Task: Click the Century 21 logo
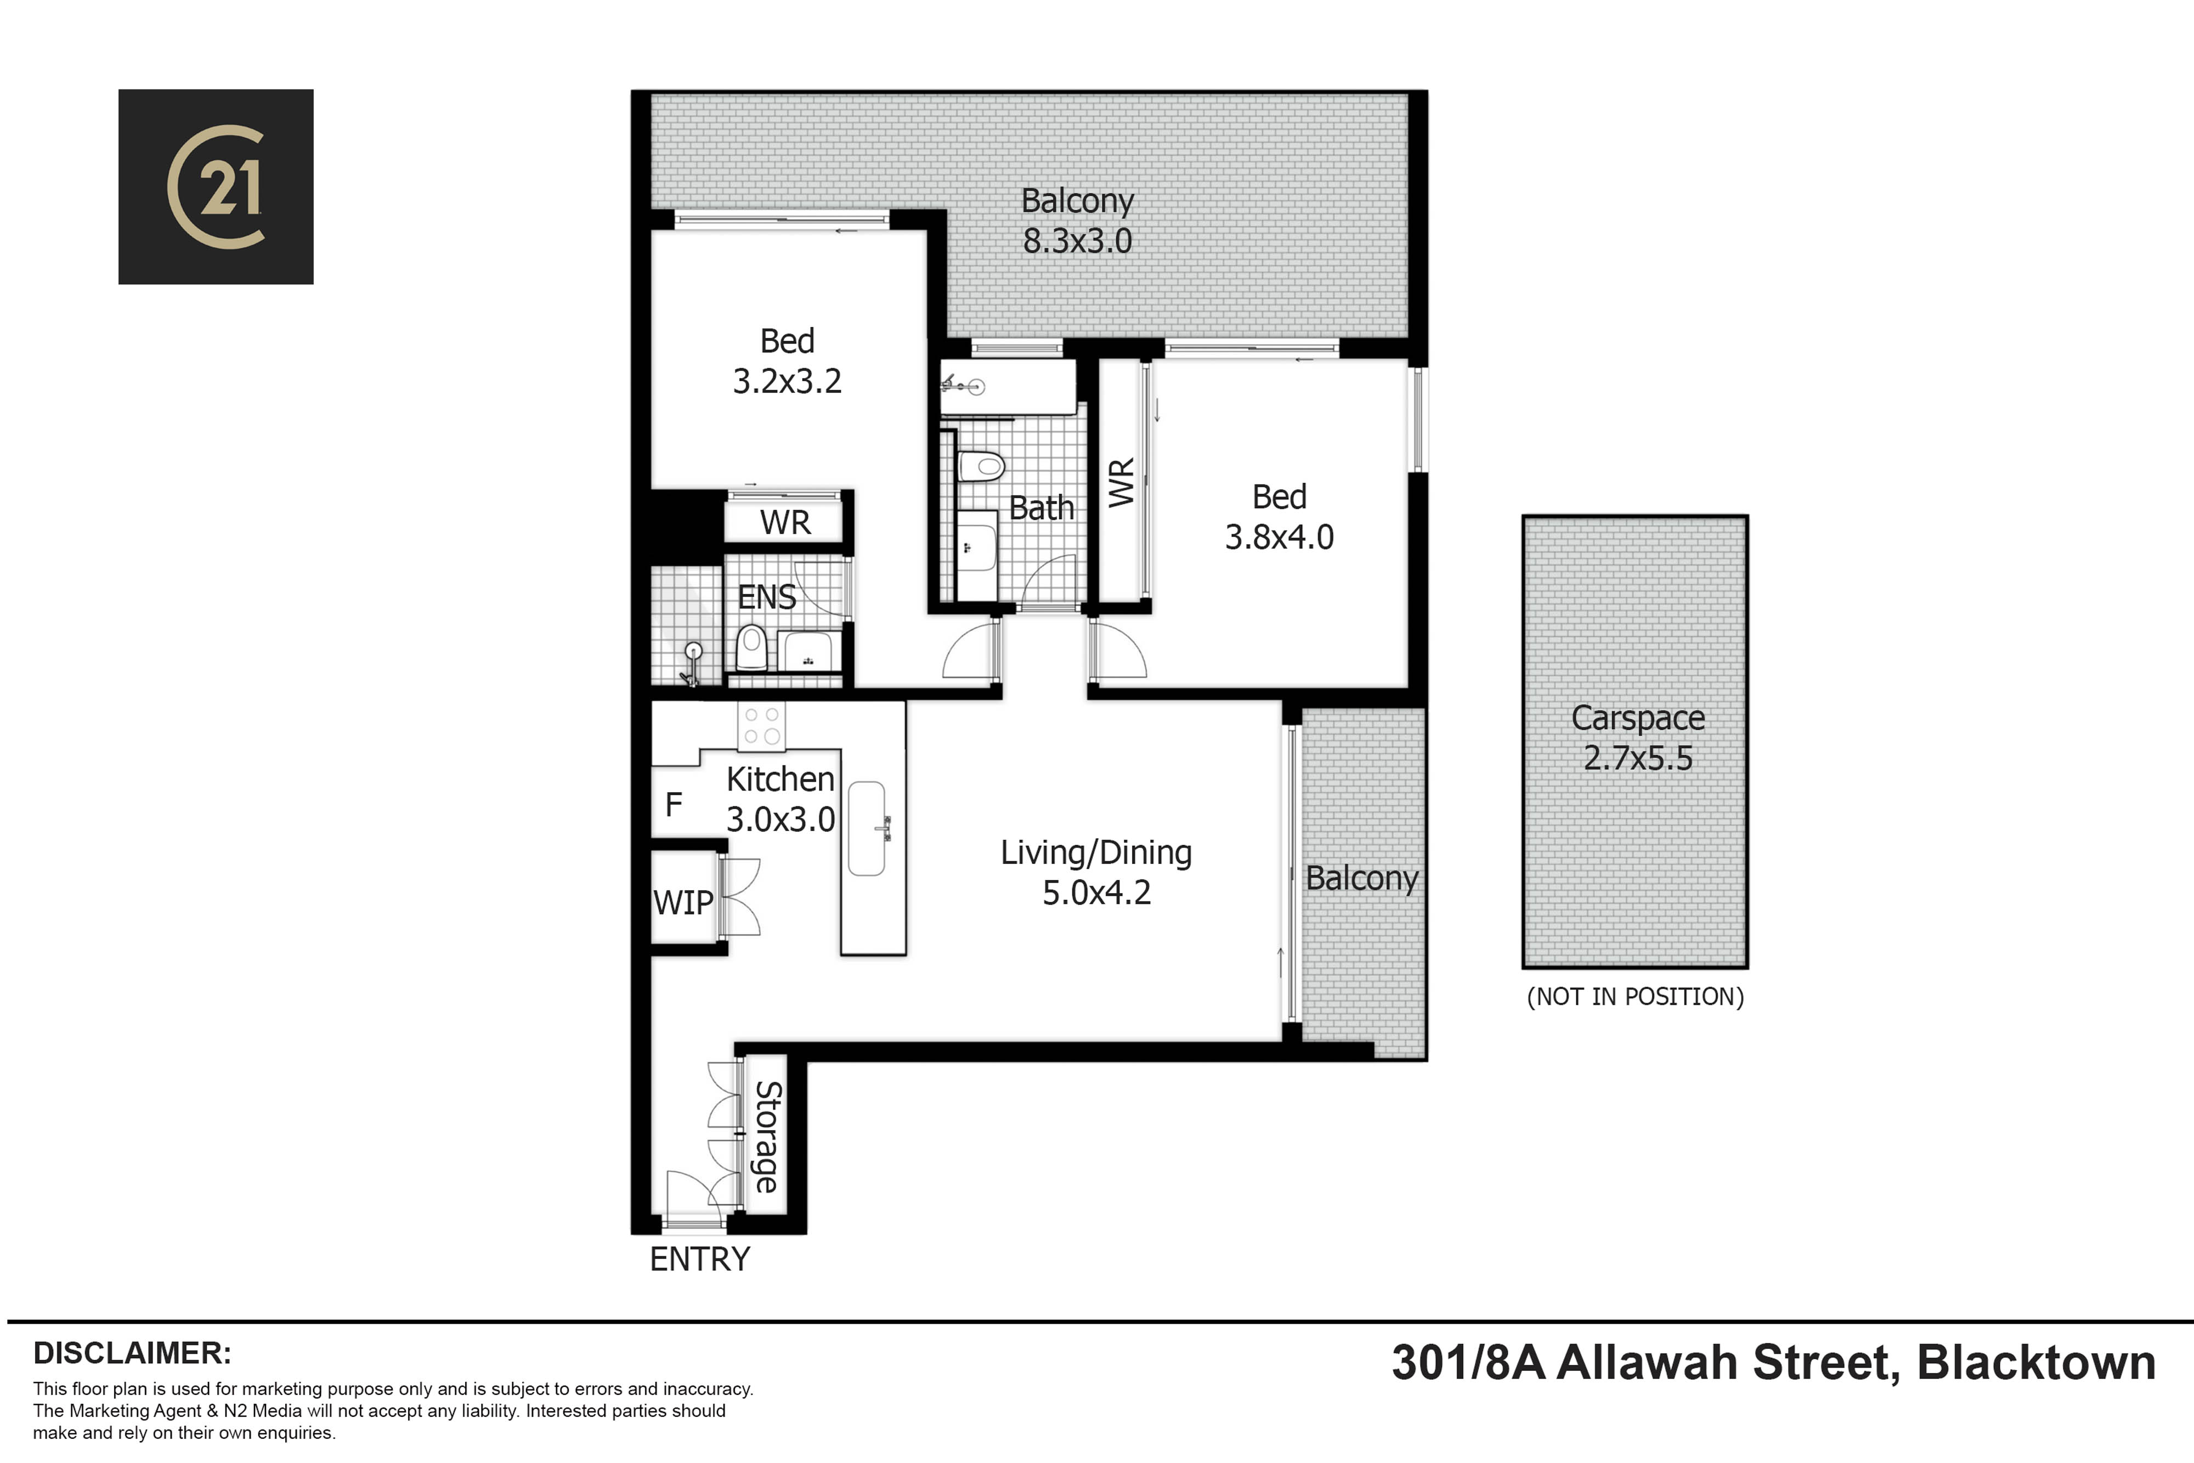click(x=216, y=187)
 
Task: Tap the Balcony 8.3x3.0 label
click(x=1077, y=221)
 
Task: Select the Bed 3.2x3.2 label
click(x=787, y=361)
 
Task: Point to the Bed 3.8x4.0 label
click(x=1279, y=517)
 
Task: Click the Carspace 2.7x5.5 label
click(x=1638, y=737)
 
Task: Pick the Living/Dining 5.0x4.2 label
click(x=1096, y=872)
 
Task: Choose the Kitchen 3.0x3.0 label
click(x=781, y=799)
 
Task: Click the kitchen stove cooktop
click(x=762, y=726)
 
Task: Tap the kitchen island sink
click(x=867, y=828)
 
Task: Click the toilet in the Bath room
click(x=980, y=466)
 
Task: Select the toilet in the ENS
click(x=751, y=647)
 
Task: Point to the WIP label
click(x=683, y=902)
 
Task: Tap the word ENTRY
click(x=700, y=1259)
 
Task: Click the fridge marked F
click(x=674, y=804)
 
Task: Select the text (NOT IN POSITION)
click(x=1635, y=997)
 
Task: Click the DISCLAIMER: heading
click(x=132, y=1353)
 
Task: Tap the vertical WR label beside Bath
click(x=1121, y=482)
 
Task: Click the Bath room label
click(x=1041, y=507)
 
